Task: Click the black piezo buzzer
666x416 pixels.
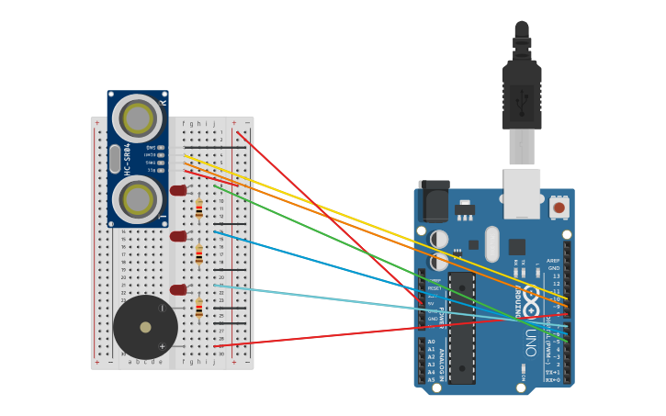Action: point(145,327)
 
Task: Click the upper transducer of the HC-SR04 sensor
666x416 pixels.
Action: point(138,118)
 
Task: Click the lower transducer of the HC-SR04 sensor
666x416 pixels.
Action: point(138,199)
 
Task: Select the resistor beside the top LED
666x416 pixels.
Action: point(199,210)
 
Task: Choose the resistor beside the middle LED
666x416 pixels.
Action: point(199,254)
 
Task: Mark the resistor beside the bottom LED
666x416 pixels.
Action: point(199,308)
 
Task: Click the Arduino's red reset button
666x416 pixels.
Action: point(559,208)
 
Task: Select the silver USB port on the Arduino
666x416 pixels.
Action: point(522,193)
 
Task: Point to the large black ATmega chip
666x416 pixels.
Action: point(462,327)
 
